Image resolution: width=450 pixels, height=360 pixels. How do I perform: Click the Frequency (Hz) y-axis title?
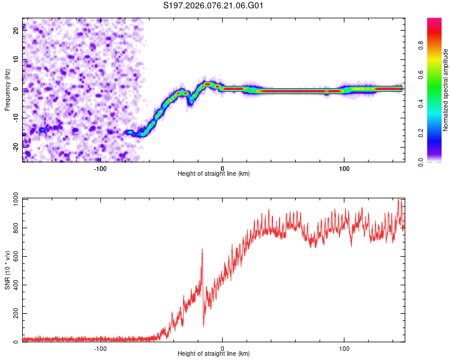(7, 90)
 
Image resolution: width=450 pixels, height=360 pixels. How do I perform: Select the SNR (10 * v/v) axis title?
(7, 270)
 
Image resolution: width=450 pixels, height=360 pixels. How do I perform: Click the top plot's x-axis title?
(214, 173)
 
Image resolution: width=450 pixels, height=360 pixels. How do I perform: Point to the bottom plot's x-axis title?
(214, 353)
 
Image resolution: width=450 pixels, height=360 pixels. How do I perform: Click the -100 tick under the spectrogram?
(100, 168)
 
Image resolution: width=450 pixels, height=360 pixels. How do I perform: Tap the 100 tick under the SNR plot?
(344, 348)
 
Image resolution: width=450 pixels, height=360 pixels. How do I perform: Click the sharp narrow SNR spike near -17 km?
(202, 251)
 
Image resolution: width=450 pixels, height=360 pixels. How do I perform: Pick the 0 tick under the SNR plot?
(223, 348)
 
